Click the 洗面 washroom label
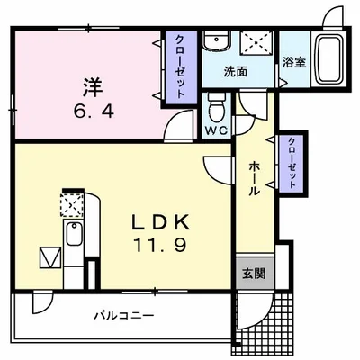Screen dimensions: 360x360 (x=238, y=72)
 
